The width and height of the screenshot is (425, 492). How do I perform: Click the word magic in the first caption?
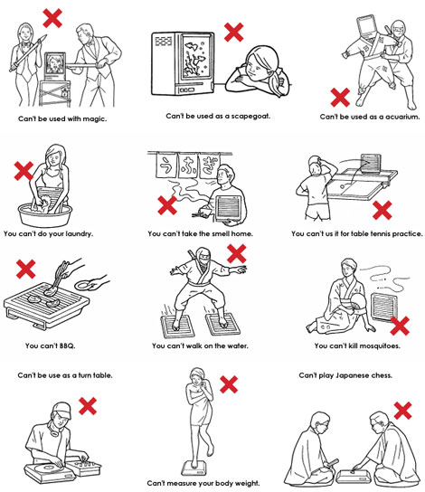95,118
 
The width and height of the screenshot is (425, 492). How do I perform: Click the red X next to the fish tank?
233,32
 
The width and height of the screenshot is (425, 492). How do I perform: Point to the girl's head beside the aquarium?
262,63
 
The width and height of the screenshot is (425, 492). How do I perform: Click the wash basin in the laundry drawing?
44,214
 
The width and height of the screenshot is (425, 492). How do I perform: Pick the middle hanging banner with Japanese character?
188,166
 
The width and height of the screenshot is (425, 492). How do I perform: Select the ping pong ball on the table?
342,186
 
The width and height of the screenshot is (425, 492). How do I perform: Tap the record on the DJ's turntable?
50,468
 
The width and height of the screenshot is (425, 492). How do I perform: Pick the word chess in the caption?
381,375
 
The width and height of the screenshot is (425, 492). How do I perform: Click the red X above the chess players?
402,411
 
